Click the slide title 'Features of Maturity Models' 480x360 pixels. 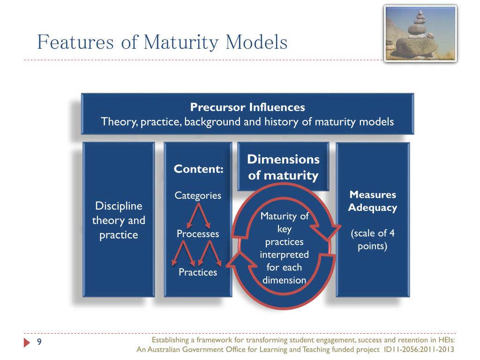click(x=162, y=42)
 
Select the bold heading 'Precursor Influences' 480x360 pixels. click(x=247, y=107)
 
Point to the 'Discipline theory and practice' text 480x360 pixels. click(x=119, y=220)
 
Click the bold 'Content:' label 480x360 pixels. click(x=198, y=169)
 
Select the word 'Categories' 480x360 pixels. click(x=198, y=195)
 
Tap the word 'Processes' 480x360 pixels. click(x=198, y=233)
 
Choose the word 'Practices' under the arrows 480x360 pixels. click(x=198, y=272)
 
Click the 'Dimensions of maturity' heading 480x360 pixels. click(x=283, y=167)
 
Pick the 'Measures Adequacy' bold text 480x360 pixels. click(x=373, y=201)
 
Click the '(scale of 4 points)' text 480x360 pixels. click(x=373, y=240)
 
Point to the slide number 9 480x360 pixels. click(x=39, y=342)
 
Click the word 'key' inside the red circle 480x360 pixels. click(x=284, y=229)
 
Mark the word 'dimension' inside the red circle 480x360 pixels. click(x=284, y=280)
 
